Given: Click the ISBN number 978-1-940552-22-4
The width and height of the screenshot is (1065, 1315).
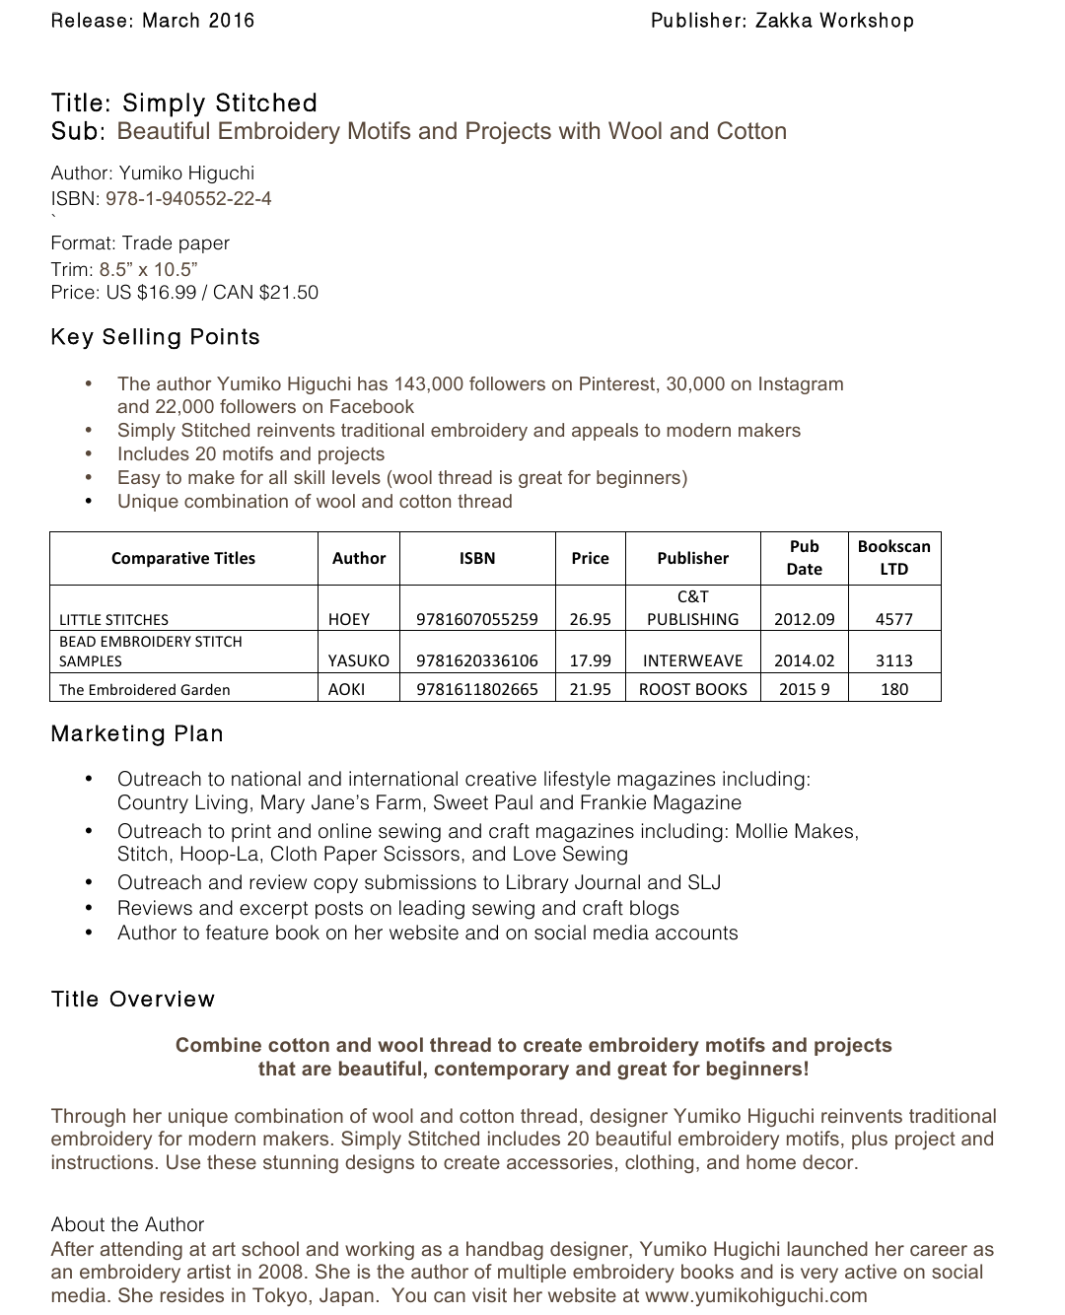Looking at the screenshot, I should coord(188,198).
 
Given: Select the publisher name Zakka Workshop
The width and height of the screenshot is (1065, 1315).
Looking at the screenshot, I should coord(834,21).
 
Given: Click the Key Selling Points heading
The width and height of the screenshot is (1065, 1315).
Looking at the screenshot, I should coord(156,337).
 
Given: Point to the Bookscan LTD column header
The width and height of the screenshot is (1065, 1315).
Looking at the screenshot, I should coord(893,558).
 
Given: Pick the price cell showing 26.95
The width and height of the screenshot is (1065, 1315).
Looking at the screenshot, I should coord(590,619).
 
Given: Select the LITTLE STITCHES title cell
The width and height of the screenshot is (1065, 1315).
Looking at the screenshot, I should coord(113,619).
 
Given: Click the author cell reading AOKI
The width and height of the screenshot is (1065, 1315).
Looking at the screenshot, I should coord(347,689).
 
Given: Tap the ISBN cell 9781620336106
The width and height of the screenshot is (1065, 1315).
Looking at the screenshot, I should coord(477,660).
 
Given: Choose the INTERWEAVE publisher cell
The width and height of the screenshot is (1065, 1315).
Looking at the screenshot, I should coord(692,660).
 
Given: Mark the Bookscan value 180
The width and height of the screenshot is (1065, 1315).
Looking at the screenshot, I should coord(893,689).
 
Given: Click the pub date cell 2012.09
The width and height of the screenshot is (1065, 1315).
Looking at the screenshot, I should coord(804,619).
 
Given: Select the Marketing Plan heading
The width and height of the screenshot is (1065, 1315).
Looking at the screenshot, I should coord(137,734).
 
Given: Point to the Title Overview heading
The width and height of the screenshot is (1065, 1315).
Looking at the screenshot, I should coord(133,1000).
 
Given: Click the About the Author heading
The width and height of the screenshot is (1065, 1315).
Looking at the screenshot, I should coord(127,1224).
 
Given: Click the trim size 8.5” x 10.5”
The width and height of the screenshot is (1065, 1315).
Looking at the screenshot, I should coord(148,268).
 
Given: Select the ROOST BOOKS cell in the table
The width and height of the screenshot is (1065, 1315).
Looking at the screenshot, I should coord(692,689).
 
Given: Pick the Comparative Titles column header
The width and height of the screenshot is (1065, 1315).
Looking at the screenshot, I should coord(183,558).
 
